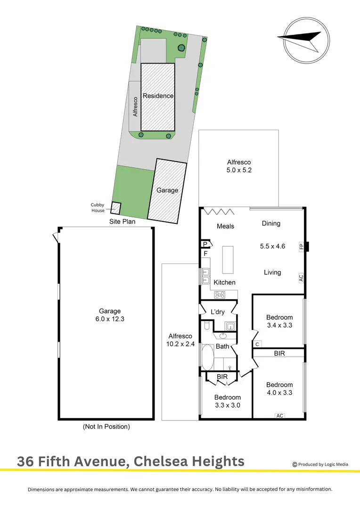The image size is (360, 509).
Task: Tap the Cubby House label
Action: tap(98, 207)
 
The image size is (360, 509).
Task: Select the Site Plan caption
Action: tap(122, 221)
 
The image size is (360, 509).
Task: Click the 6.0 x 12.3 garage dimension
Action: tap(110, 319)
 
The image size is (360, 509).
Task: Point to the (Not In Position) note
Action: tap(106, 427)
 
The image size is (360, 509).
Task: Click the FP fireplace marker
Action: tap(300, 246)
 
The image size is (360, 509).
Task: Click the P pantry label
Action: tap(205, 244)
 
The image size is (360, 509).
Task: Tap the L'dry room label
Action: tap(218, 312)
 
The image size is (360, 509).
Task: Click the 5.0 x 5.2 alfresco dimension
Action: tap(239, 170)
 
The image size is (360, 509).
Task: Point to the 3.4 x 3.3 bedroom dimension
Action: tap(279, 325)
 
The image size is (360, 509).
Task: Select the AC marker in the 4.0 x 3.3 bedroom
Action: tap(280, 415)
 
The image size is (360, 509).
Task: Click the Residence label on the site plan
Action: tap(158, 96)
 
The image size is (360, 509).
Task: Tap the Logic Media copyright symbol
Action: tap(295, 464)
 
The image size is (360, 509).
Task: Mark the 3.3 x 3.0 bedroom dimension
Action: tap(228, 404)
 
